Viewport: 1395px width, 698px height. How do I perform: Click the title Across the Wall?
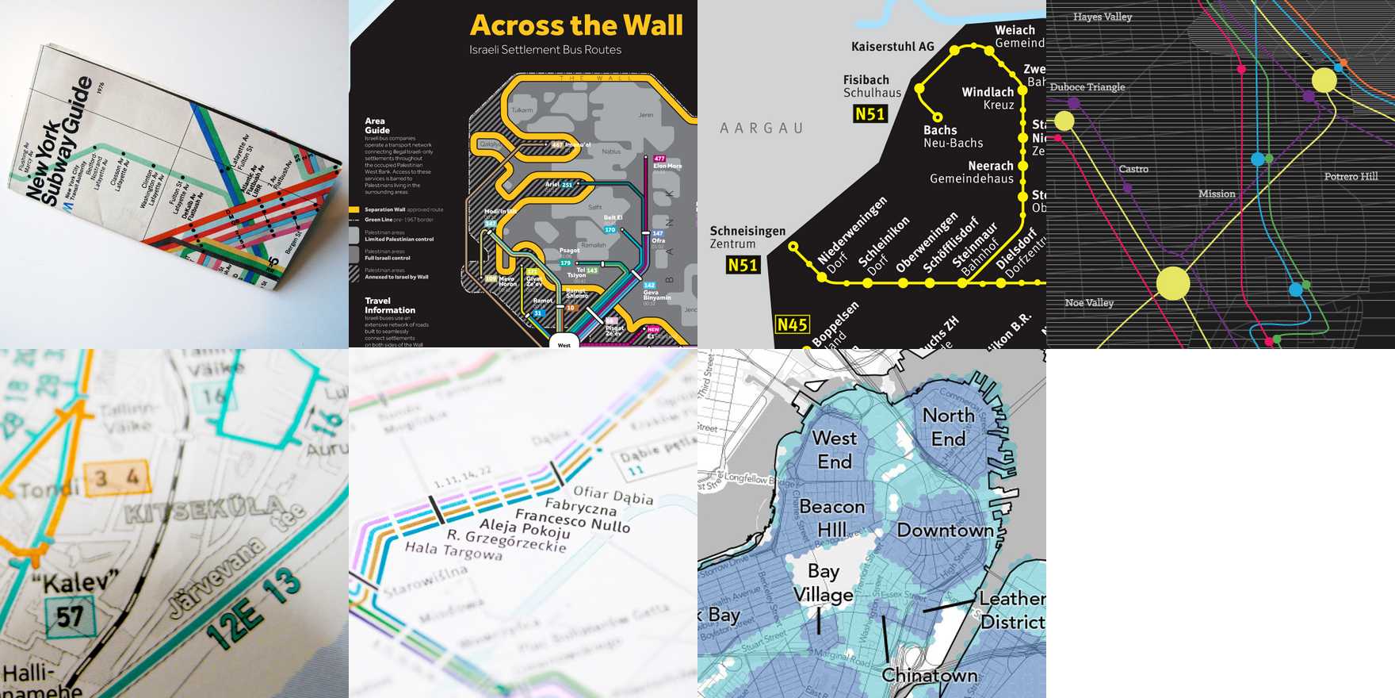tap(576, 25)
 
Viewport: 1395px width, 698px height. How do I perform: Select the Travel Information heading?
tap(389, 305)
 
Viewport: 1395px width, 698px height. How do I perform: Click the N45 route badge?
tap(792, 324)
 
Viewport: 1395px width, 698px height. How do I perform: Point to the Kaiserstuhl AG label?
tap(892, 47)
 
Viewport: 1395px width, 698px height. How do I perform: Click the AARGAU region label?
tap(761, 128)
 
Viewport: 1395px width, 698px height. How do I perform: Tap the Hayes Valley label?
tap(1103, 17)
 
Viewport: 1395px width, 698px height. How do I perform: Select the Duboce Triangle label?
tap(1087, 87)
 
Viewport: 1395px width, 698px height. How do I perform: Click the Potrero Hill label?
tap(1351, 176)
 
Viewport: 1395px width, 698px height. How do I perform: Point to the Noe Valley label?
tap(1089, 303)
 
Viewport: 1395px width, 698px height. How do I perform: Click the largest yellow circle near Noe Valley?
tap(1173, 283)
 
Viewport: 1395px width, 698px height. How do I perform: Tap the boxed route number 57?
tap(70, 616)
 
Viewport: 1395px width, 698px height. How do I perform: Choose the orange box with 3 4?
tap(117, 477)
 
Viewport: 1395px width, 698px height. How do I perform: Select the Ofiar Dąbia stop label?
tap(613, 496)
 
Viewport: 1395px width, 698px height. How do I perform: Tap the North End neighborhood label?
tap(949, 427)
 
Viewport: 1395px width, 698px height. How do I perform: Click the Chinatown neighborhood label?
tap(929, 675)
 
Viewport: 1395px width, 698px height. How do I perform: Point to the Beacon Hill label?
tap(831, 517)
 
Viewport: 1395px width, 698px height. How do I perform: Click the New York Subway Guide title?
tap(59, 143)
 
